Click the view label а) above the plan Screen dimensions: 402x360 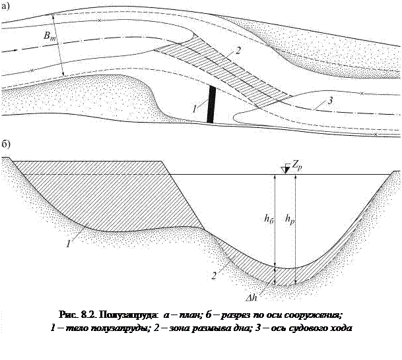coord(5,7)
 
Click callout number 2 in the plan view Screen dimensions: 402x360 coord(237,51)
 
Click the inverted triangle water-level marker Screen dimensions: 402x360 coord(285,169)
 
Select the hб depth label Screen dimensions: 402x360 coord(266,219)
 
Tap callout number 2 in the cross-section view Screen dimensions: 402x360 coord(215,276)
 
